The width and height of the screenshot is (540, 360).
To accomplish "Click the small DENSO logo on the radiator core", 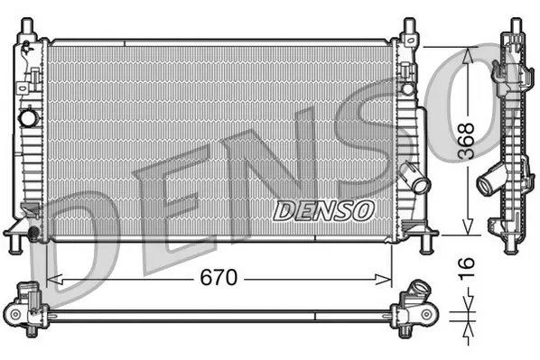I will (x=322, y=210).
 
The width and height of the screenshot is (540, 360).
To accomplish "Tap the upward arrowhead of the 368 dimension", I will (x=467, y=55).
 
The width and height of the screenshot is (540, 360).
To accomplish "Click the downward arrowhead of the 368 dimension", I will (x=467, y=228).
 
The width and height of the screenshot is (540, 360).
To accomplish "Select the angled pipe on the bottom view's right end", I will (x=419, y=293).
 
